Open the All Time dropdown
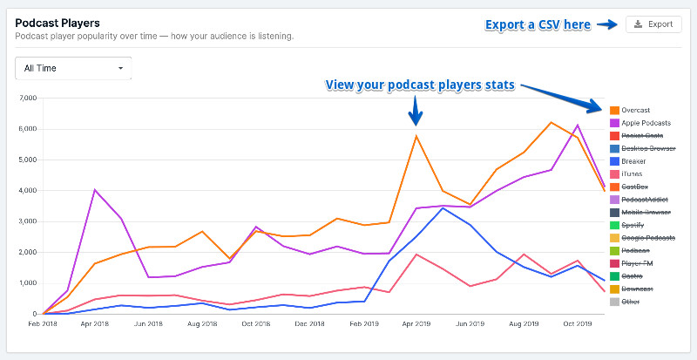(x=73, y=68)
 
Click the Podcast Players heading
(x=58, y=22)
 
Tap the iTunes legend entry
(x=633, y=174)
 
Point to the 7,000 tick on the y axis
(x=26, y=98)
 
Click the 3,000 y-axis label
(x=26, y=221)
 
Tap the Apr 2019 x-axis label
(x=416, y=323)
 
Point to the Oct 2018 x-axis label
(x=255, y=323)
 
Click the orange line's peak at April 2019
(x=416, y=135)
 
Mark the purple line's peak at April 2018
(x=94, y=189)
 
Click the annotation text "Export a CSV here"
(x=538, y=24)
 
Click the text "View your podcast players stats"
(x=420, y=85)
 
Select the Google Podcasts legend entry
(x=649, y=238)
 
